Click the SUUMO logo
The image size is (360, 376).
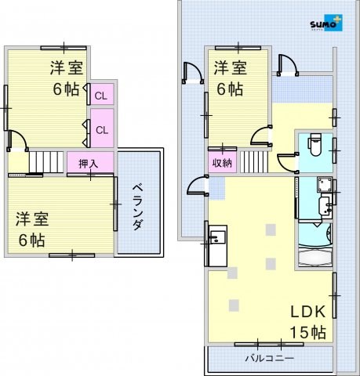click(326, 23)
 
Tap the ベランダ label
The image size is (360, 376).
click(138, 207)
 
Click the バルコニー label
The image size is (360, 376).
click(270, 358)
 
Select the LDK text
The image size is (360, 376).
click(308, 312)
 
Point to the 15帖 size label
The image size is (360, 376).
click(308, 332)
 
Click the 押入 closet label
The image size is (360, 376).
click(89, 164)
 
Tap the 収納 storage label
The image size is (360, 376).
click(222, 163)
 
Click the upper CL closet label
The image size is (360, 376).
click(101, 96)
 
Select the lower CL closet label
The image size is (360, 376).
click(102, 130)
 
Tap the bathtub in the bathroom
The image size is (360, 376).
click(315, 257)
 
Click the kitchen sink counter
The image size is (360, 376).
click(217, 246)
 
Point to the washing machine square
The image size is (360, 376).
click(325, 184)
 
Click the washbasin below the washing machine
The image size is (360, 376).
click(325, 206)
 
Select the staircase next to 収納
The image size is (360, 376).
click(254, 161)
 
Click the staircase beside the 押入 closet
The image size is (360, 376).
click(45, 162)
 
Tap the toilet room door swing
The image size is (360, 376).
click(288, 163)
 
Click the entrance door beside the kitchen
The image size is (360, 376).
click(198, 186)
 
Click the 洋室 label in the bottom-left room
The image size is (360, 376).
click(32, 219)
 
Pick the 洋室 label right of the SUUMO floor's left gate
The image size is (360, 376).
click(231, 68)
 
